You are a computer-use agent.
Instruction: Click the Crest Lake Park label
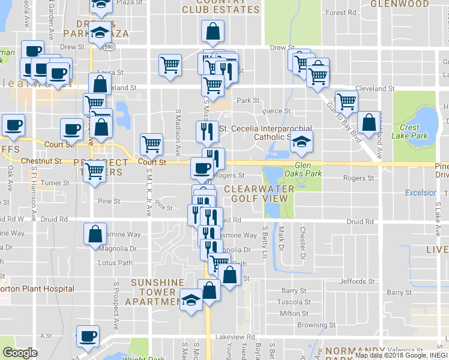409,131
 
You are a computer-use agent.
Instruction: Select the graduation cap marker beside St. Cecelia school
303,142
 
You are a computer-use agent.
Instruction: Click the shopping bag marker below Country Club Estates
212,31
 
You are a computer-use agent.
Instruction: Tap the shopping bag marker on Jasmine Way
95,234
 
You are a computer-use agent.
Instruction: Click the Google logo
20,353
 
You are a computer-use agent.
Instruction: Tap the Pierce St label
279,111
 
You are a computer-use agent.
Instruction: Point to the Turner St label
56,183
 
